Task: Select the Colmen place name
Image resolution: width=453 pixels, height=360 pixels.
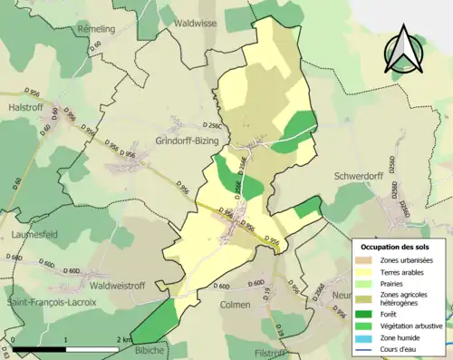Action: pos(235,305)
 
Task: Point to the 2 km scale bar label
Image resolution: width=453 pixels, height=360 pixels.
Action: pos(124,338)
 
